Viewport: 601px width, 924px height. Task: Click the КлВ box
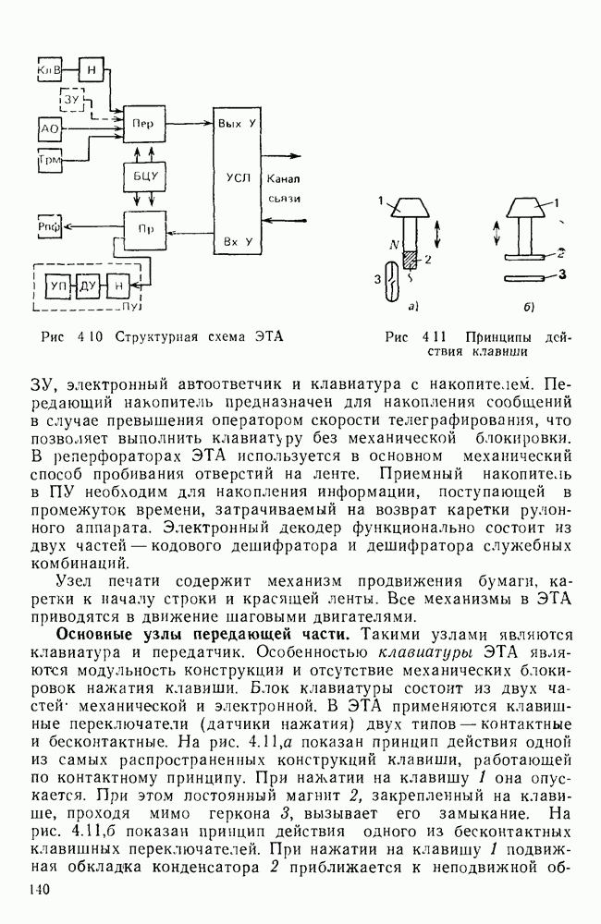(x=48, y=70)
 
